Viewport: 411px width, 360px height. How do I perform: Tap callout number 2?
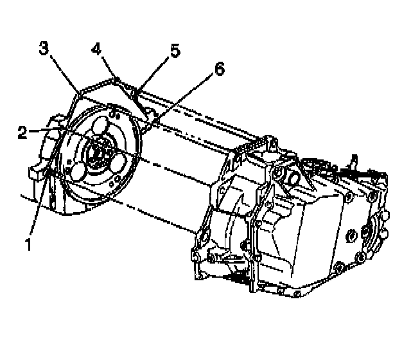(22, 132)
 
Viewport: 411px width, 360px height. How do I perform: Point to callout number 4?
(96, 49)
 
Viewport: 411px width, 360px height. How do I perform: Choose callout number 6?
(220, 70)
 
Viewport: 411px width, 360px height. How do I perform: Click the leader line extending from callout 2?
(45, 130)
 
